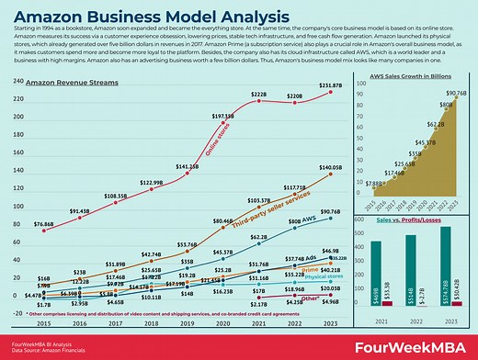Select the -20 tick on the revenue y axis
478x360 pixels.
[16, 312]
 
